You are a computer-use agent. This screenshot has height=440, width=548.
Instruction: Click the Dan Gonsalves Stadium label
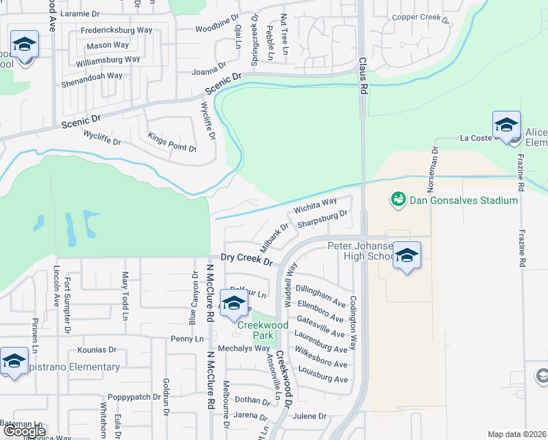click(464, 199)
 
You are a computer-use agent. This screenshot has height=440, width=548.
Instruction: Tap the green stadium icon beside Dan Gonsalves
click(399, 199)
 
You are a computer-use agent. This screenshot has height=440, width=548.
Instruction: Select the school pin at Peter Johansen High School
click(407, 257)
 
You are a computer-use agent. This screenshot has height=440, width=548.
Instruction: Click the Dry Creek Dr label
click(247, 260)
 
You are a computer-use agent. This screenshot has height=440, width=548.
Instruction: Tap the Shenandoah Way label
click(93, 76)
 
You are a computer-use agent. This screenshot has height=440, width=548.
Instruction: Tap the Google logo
click(24, 431)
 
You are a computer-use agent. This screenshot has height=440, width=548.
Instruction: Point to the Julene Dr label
click(308, 415)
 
